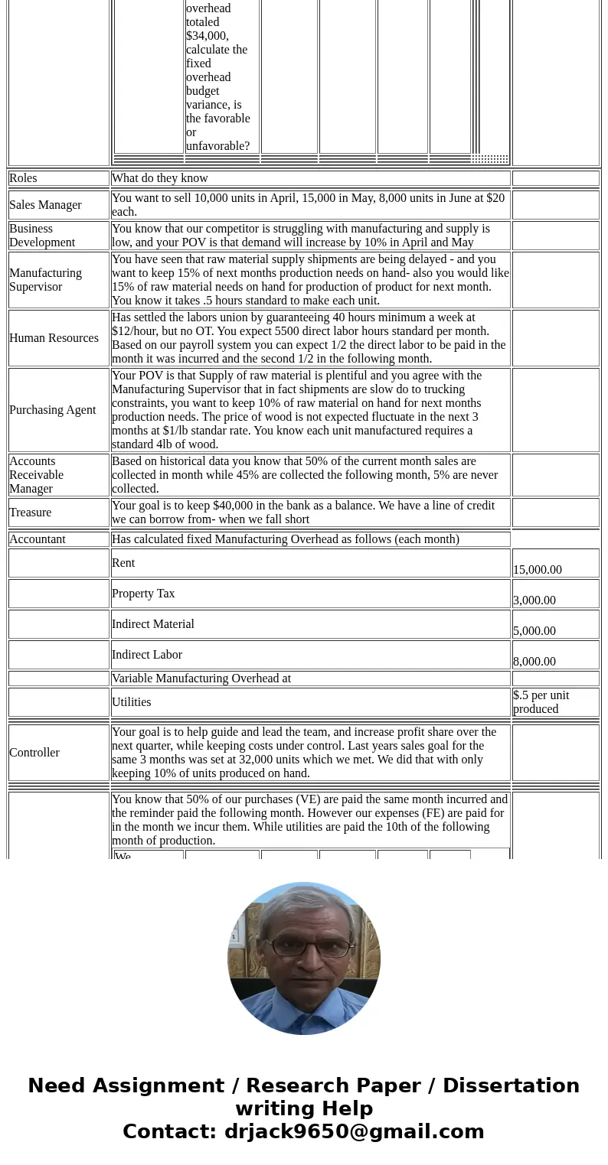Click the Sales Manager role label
(45, 205)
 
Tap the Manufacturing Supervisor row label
(45, 280)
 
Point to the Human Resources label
(54, 338)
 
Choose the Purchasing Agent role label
(52, 410)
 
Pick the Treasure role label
(31, 513)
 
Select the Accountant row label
(38, 539)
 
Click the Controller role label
(34, 753)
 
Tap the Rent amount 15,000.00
(538, 570)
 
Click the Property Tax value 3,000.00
(534, 600)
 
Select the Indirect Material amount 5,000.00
(534, 631)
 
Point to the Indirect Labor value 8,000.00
(534, 662)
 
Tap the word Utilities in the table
(132, 702)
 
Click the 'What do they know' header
(160, 178)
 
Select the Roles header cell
(23, 178)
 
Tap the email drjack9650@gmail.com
(354, 1132)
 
